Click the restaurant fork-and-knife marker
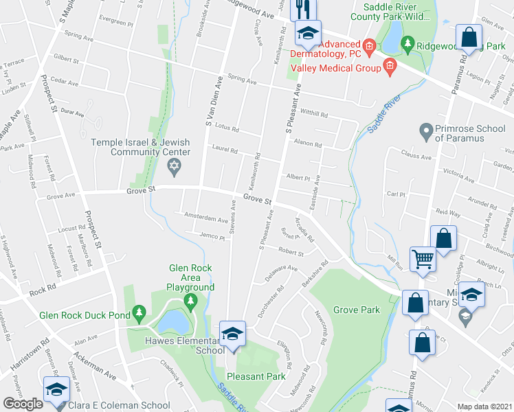(x=301, y=9)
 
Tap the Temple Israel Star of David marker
(x=174, y=166)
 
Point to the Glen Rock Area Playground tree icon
(x=190, y=301)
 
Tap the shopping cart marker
(x=422, y=260)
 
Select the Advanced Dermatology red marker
(x=368, y=47)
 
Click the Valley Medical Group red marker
(x=390, y=67)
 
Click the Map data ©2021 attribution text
(x=485, y=407)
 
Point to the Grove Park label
(x=357, y=310)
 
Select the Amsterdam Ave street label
(x=205, y=217)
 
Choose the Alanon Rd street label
(x=307, y=144)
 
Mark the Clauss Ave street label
(x=416, y=156)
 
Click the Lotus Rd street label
(x=226, y=128)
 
